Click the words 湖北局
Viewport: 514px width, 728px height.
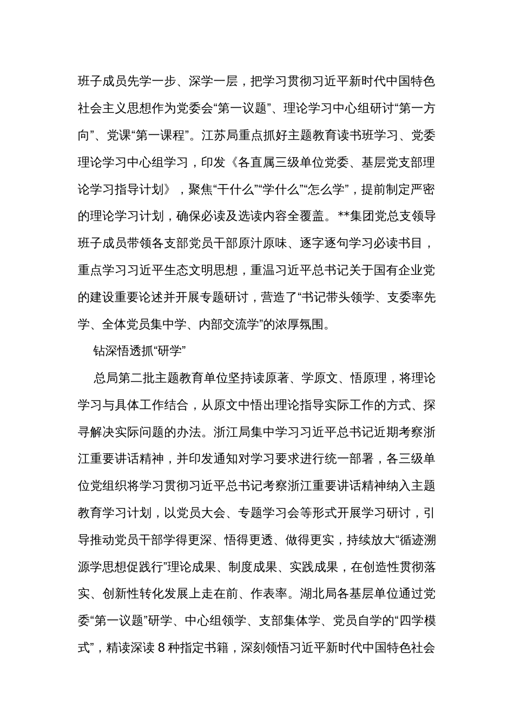(319, 594)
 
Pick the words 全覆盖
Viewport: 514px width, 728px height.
(307, 217)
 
